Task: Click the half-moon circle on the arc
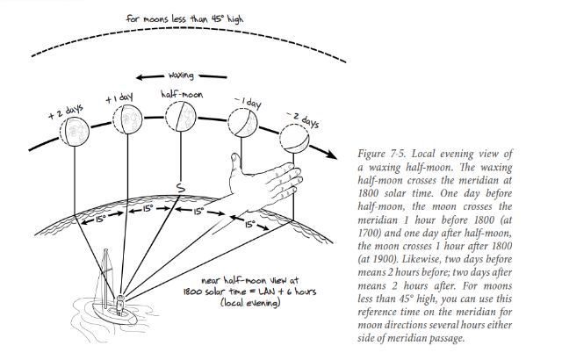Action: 181,116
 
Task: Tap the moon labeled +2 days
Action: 74,131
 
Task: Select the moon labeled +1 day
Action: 127,119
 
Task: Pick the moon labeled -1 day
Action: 242,123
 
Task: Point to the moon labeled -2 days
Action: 294,139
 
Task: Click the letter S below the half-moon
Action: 181,187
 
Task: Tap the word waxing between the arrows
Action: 181,76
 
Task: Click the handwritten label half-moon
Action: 182,94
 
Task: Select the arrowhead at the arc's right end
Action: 332,154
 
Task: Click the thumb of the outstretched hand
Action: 235,162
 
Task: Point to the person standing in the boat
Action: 119,305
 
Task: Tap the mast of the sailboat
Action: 105,277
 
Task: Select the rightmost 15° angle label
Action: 249,224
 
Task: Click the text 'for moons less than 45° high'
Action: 184,18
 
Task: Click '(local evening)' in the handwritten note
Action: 249,303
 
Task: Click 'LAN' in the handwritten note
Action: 269,291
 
